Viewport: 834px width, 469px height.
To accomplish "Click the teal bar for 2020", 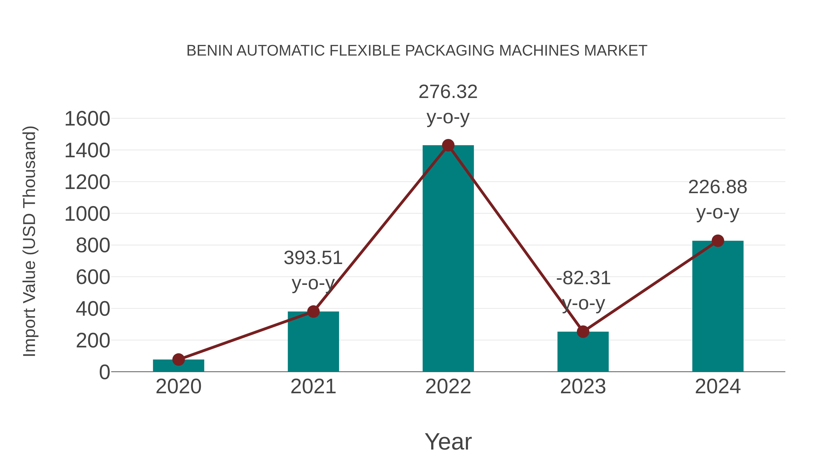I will pos(178,366).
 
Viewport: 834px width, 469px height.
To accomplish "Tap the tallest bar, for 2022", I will pos(448,259).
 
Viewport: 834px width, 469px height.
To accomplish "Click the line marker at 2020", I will pos(178,359).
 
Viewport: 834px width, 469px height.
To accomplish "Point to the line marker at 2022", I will pos(448,145).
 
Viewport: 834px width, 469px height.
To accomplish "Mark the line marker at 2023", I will pos(583,332).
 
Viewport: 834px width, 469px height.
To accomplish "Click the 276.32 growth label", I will pos(448,92).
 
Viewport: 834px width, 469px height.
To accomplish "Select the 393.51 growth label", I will pos(313,258).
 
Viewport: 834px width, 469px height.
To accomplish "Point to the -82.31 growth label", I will pos(583,278).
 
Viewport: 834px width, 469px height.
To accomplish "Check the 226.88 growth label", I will pos(717,187).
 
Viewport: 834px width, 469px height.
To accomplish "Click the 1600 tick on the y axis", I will pos(87,119).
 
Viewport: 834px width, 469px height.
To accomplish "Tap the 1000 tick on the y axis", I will pos(87,214).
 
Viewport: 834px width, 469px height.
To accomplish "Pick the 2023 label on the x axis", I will pos(583,387).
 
